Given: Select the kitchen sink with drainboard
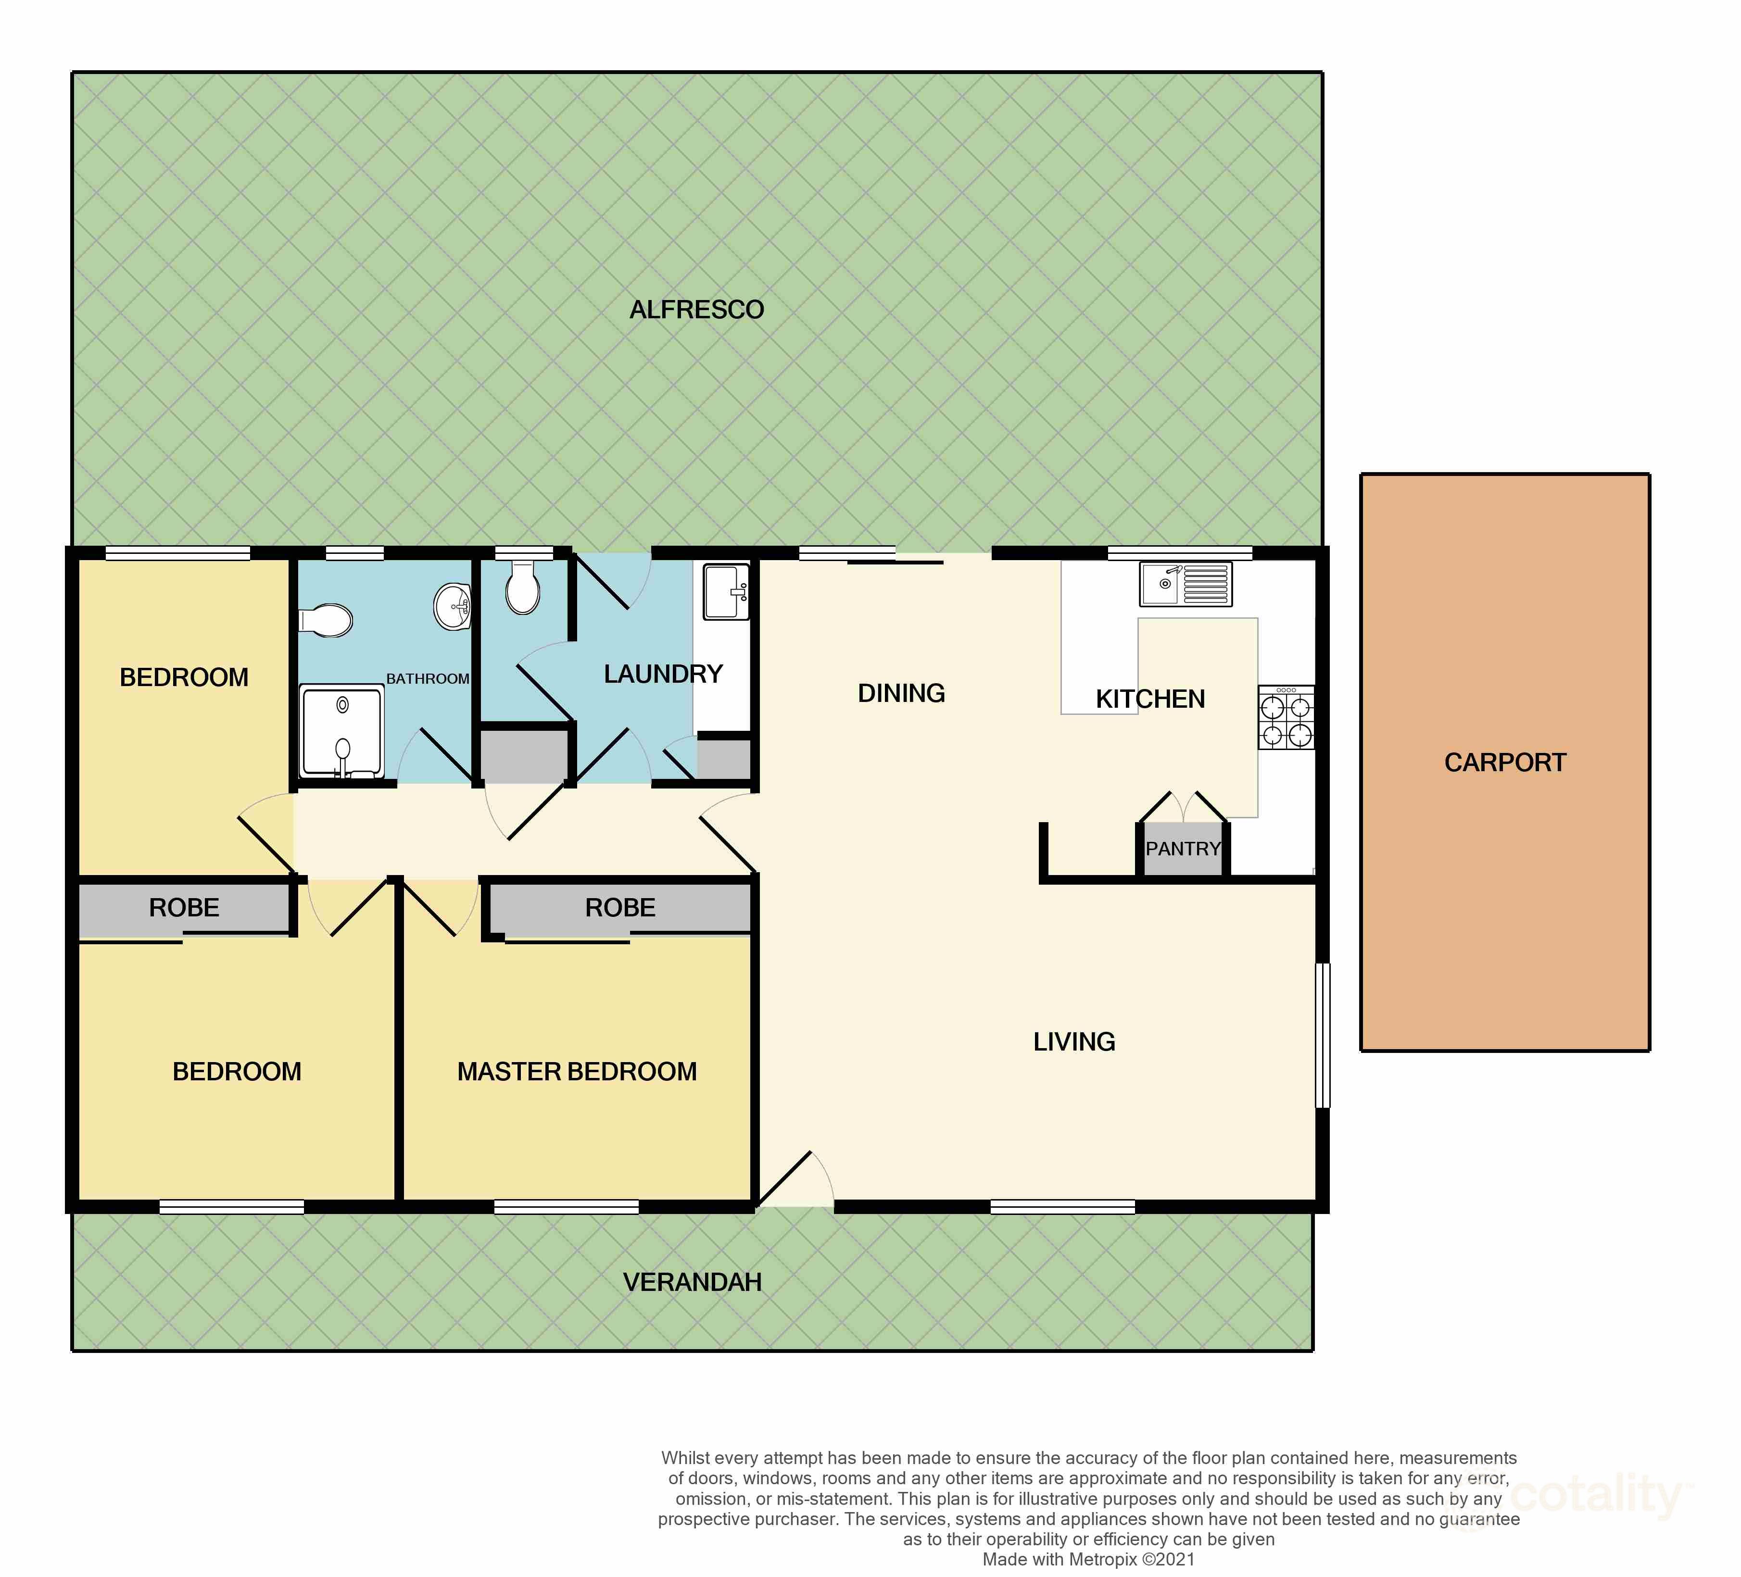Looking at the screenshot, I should (x=1185, y=584).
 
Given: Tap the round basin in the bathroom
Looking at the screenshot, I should (x=452, y=607).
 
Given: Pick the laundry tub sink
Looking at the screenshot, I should (x=726, y=592).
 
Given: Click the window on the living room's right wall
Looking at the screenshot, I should (x=1322, y=1036).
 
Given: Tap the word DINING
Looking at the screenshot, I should (x=901, y=693).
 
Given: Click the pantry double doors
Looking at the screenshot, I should (x=1182, y=808).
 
